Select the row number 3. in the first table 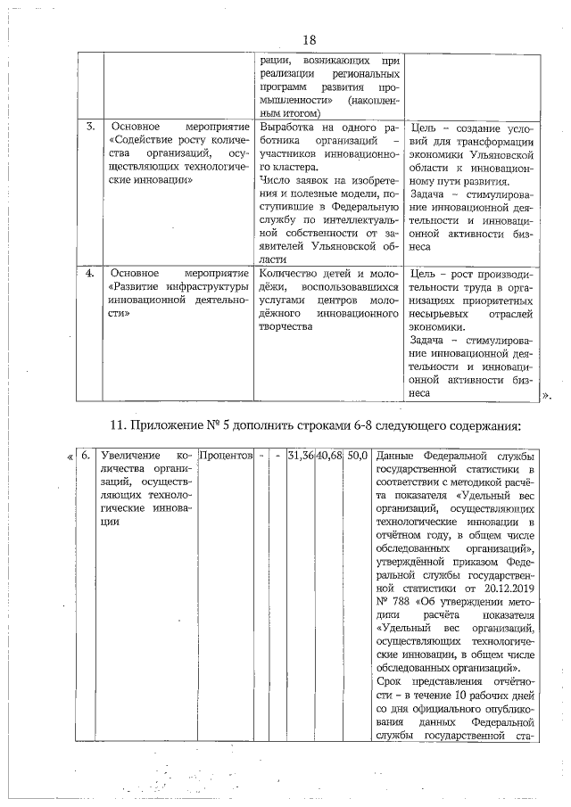coord(91,127)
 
